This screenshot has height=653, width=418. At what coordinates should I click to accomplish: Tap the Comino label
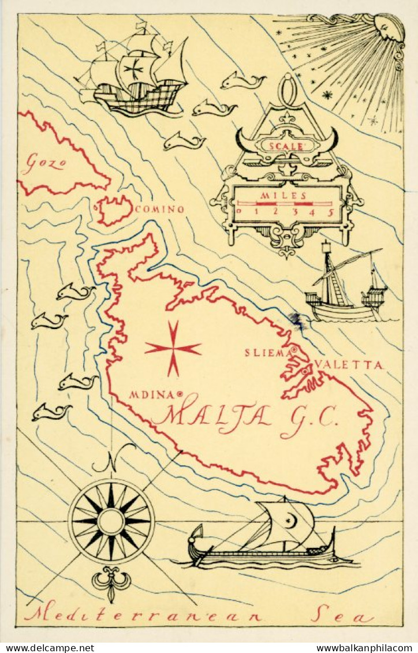pos(159,210)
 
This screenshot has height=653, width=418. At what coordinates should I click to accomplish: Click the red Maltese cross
pos(173,349)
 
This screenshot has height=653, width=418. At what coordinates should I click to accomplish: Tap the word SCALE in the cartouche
pos(286,146)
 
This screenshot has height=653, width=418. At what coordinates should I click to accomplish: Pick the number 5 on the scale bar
pos(331,211)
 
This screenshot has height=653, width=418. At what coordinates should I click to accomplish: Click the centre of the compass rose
pos(111,521)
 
